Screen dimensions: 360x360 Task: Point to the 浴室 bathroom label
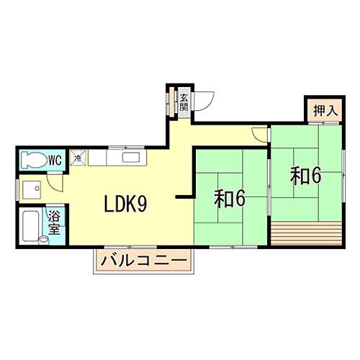pos(55,222)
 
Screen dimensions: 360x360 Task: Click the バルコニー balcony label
pos(144,260)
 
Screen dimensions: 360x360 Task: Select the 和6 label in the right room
pos(305,176)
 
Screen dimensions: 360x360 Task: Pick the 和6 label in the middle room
pos(230,198)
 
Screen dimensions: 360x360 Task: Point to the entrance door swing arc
pos(204,102)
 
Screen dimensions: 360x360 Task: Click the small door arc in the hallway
pos(259,133)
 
